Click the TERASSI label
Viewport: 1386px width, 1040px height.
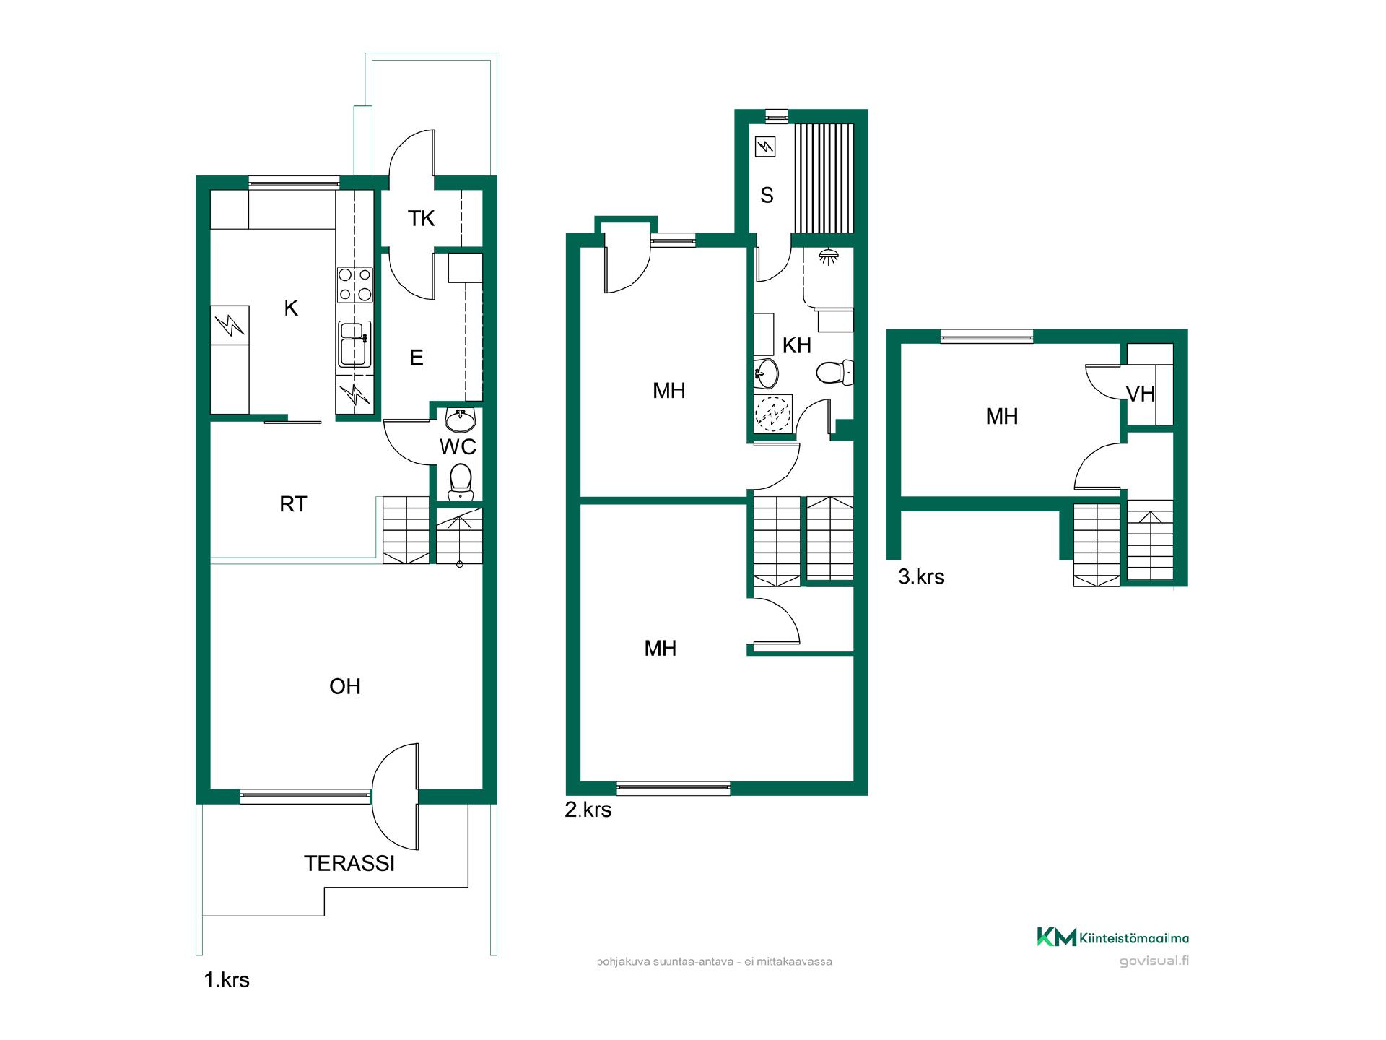349,863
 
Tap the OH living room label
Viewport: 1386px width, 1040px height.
345,686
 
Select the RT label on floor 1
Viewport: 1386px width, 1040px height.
293,504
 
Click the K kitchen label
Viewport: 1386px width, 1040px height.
291,308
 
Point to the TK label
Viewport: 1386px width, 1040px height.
422,218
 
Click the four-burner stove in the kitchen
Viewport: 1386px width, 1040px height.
355,285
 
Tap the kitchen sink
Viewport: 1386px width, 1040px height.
355,344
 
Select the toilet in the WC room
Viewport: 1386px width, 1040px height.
460,482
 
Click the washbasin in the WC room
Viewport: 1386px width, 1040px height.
460,419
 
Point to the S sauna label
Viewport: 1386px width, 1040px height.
767,195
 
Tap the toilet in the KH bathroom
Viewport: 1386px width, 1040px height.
835,373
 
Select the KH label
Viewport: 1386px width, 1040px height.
797,345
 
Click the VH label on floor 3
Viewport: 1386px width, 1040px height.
1141,394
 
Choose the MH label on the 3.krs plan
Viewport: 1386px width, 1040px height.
1002,416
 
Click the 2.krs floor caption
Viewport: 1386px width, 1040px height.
588,810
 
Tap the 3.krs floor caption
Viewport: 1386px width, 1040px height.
921,576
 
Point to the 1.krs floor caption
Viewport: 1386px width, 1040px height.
227,980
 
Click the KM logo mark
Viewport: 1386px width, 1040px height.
1057,937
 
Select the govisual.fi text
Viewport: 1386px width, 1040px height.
1154,961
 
